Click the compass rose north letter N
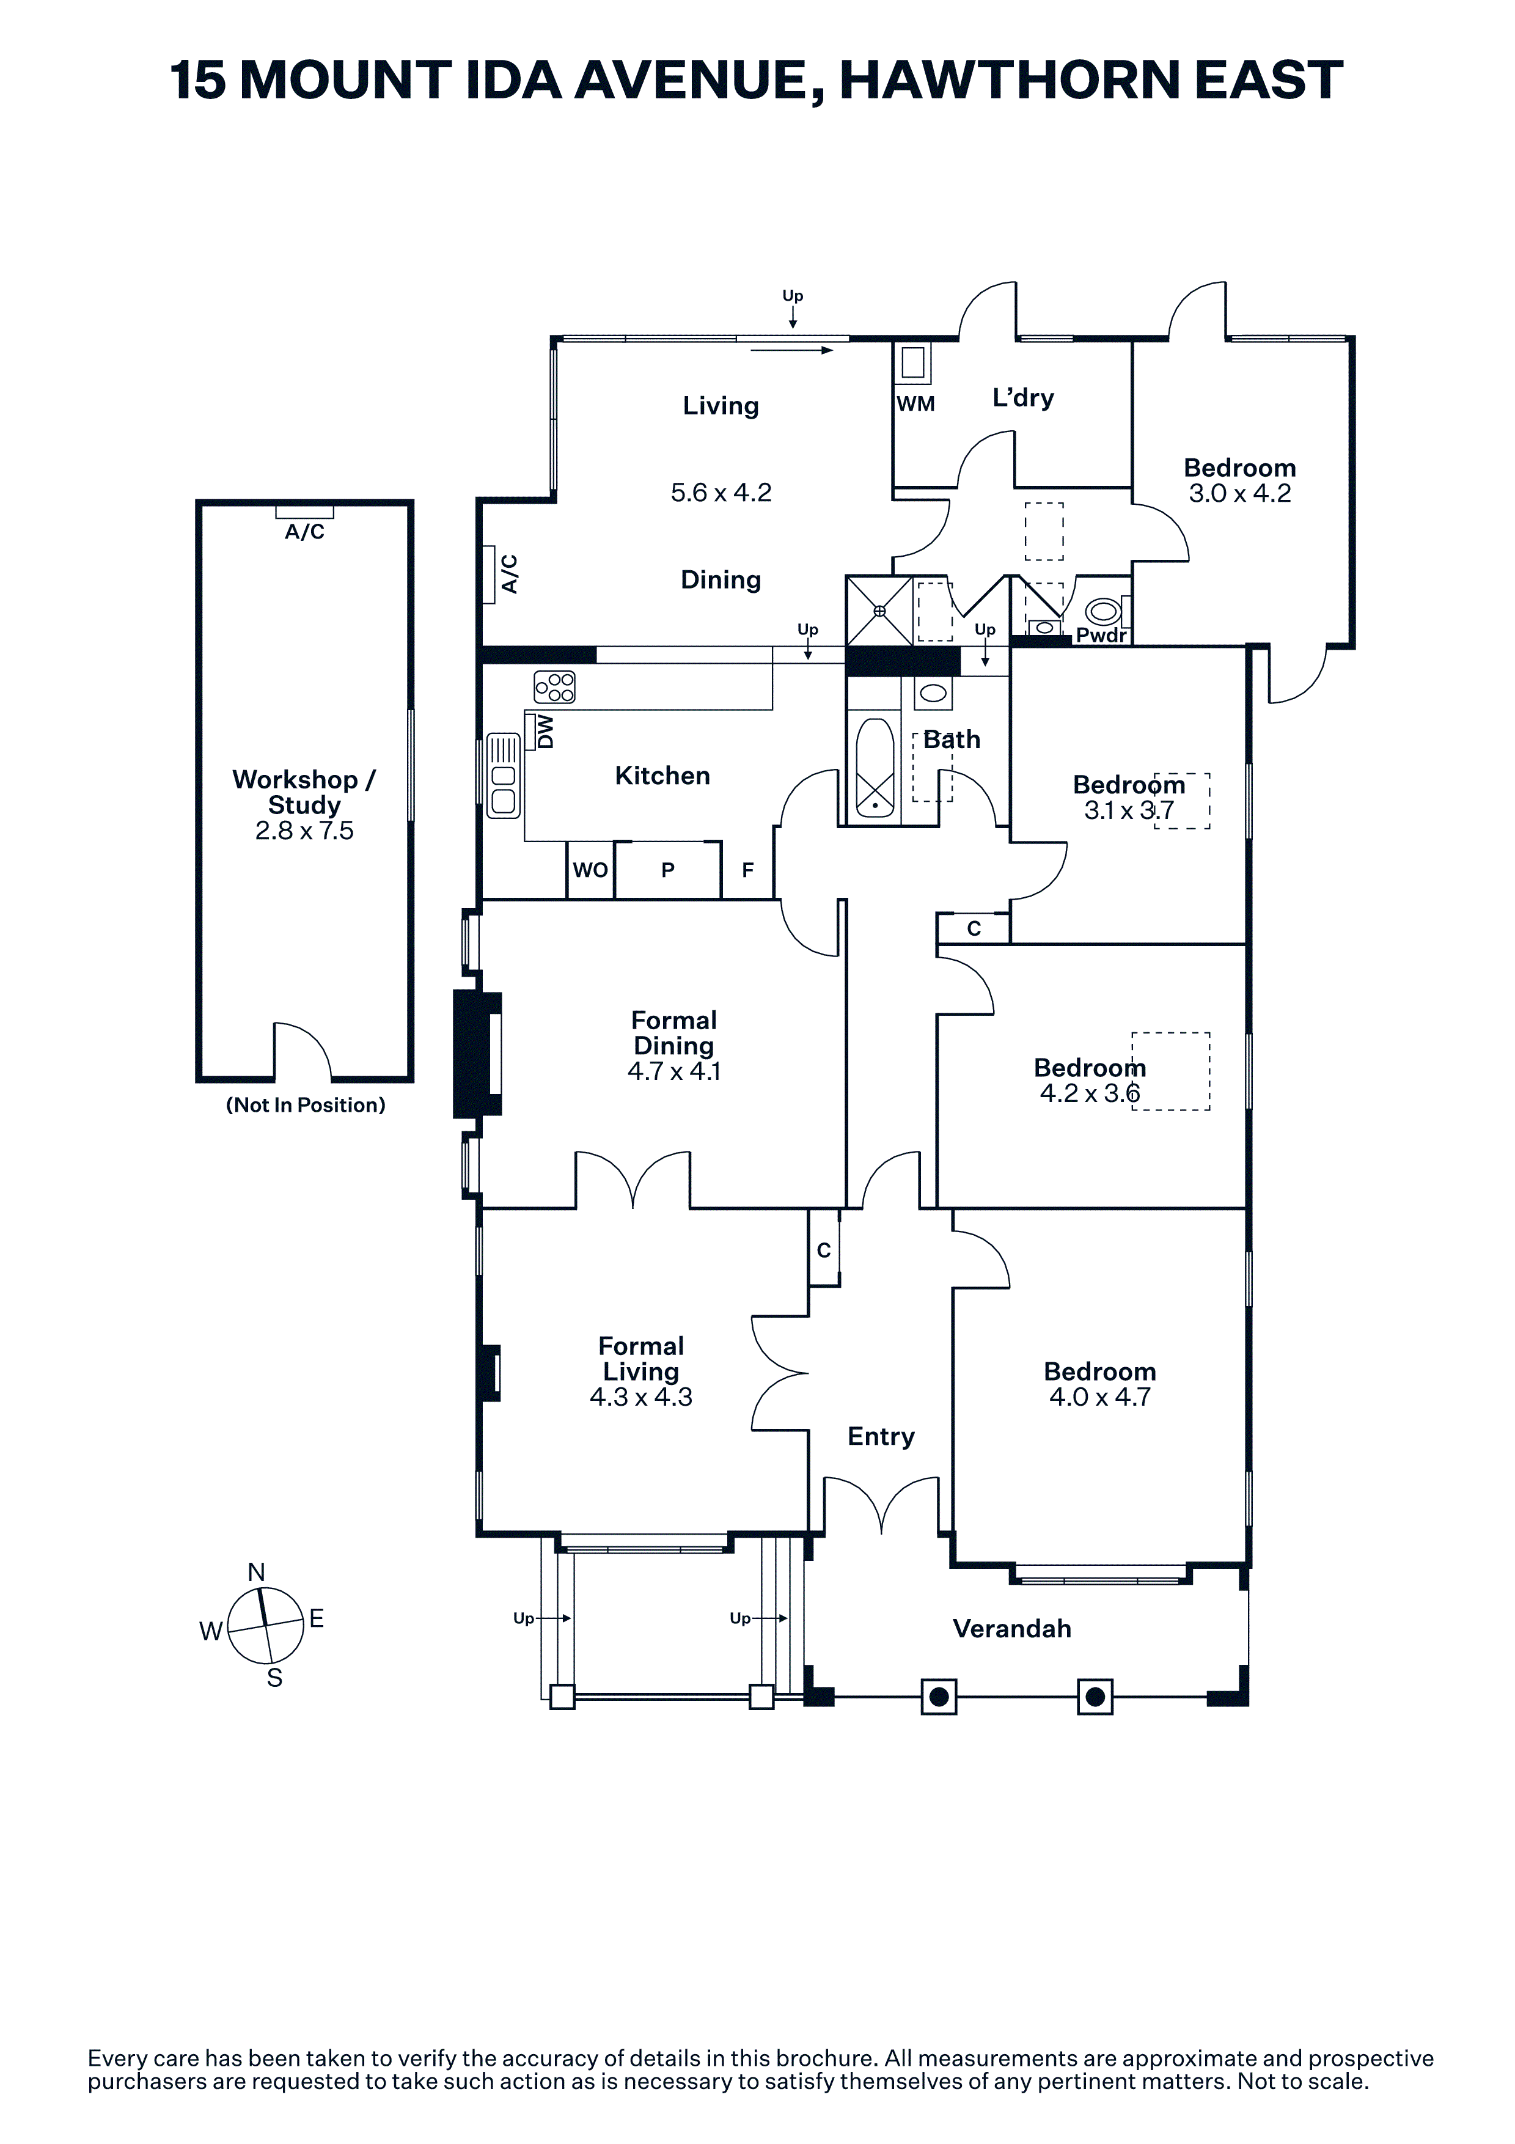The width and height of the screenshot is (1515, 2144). pyautogui.click(x=257, y=1573)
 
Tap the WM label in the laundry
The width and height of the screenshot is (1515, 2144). pyautogui.click(x=915, y=405)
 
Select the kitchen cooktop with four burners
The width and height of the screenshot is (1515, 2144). pyautogui.click(x=554, y=688)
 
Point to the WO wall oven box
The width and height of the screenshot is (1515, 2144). pyautogui.click(x=590, y=870)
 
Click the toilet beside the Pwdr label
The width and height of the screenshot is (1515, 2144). pyautogui.click(x=1104, y=612)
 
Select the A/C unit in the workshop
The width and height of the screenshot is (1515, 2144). pyautogui.click(x=304, y=511)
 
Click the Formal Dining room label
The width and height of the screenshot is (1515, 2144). pyautogui.click(x=674, y=1033)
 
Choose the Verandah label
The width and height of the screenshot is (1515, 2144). pyautogui.click(x=1012, y=1629)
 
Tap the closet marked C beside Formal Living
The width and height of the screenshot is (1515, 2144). pyautogui.click(x=823, y=1249)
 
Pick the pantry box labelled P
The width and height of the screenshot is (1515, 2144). pyautogui.click(x=667, y=870)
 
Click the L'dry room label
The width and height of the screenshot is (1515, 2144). pyautogui.click(x=1023, y=398)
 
